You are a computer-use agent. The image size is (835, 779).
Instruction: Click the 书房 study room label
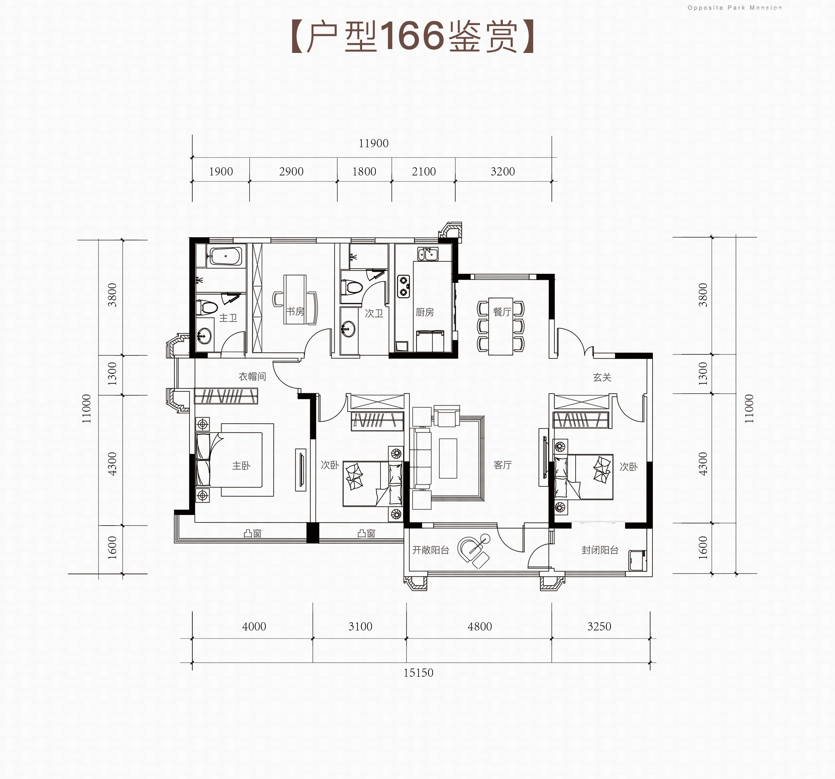pyautogui.click(x=295, y=311)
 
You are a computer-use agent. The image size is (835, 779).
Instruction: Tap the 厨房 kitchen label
pyautogui.click(x=425, y=312)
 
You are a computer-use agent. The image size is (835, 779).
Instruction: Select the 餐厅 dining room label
pyautogui.click(x=502, y=312)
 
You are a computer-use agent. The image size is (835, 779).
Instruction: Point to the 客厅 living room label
pyautogui.click(x=503, y=465)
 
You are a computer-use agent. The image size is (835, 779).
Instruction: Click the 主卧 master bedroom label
pyautogui.click(x=241, y=466)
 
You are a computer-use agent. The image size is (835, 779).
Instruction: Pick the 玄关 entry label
pyautogui.click(x=602, y=377)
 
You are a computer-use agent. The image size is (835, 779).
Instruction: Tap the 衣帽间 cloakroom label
pyautogui.click(x=252, y=377)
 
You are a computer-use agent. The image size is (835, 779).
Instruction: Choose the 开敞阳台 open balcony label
pyautogui.click(x=431, y=550)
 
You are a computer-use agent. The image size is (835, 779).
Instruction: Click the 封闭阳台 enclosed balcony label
pyautogui.click(x=600, y=550)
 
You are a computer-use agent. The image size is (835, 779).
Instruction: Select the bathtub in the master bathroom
pyautogui.click(x=226, y=256)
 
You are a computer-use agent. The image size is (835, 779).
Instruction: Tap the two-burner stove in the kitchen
pyautogui.click(x=404, y=287)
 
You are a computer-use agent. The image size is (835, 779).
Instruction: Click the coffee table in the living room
pyautogui.click(x=448, y=458)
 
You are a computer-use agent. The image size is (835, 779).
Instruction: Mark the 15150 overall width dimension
pyautogui.click(x=418, y=673)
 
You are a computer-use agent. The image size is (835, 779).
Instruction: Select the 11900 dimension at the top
pyautogui.click(x=373, y=143)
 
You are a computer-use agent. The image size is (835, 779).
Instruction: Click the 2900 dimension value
pyautogui.click(x=291, y=172)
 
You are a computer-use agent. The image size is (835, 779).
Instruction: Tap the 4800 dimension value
pyautogui.click(x=480, y=627)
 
